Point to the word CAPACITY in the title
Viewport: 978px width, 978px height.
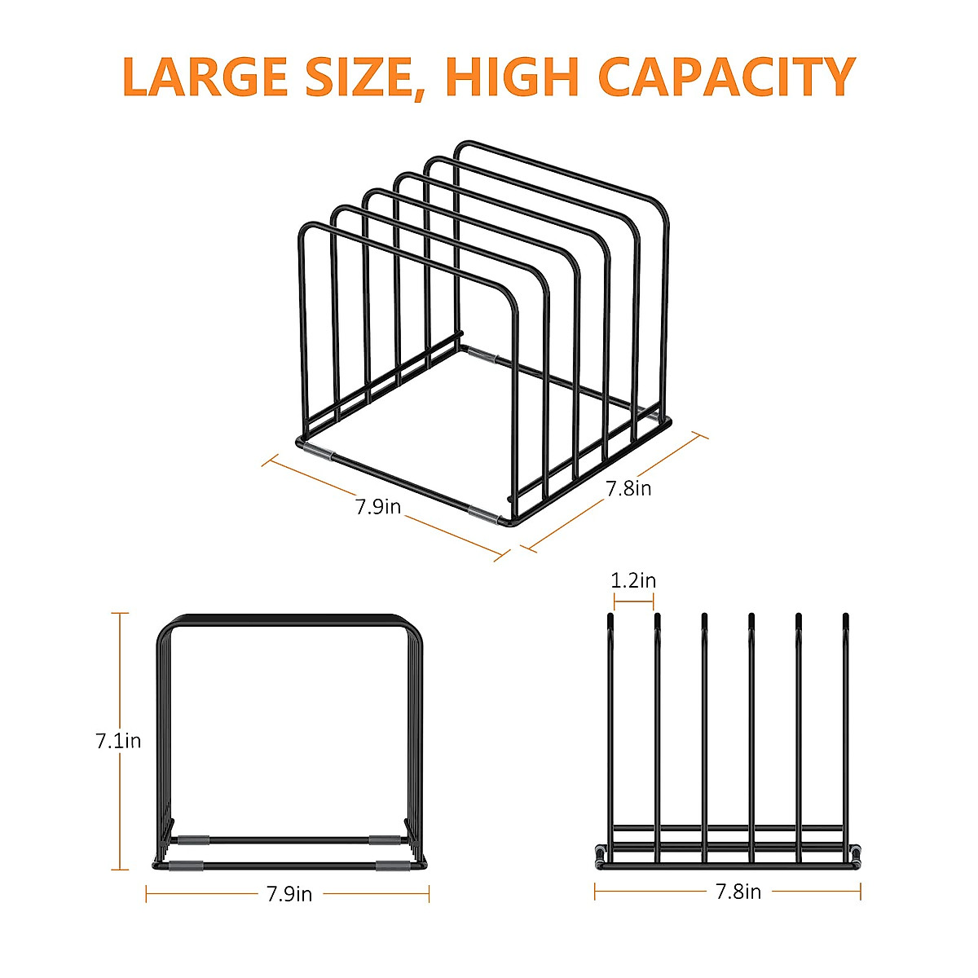726,77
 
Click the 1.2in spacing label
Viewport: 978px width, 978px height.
633,580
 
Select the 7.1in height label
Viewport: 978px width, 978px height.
118,741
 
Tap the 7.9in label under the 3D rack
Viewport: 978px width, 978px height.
378,506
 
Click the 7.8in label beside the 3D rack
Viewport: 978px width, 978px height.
628,488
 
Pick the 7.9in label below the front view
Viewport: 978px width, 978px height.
289,894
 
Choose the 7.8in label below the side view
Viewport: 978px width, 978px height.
738,892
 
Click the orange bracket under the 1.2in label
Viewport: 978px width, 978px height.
633,602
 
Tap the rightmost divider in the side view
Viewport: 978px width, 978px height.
846,733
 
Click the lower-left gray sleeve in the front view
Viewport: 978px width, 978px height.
186,866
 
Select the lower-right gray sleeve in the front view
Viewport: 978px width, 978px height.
393,866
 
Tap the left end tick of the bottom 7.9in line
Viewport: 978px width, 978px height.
147,894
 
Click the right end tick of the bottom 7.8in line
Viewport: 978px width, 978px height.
860,892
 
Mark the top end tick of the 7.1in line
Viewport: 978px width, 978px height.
121,613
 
